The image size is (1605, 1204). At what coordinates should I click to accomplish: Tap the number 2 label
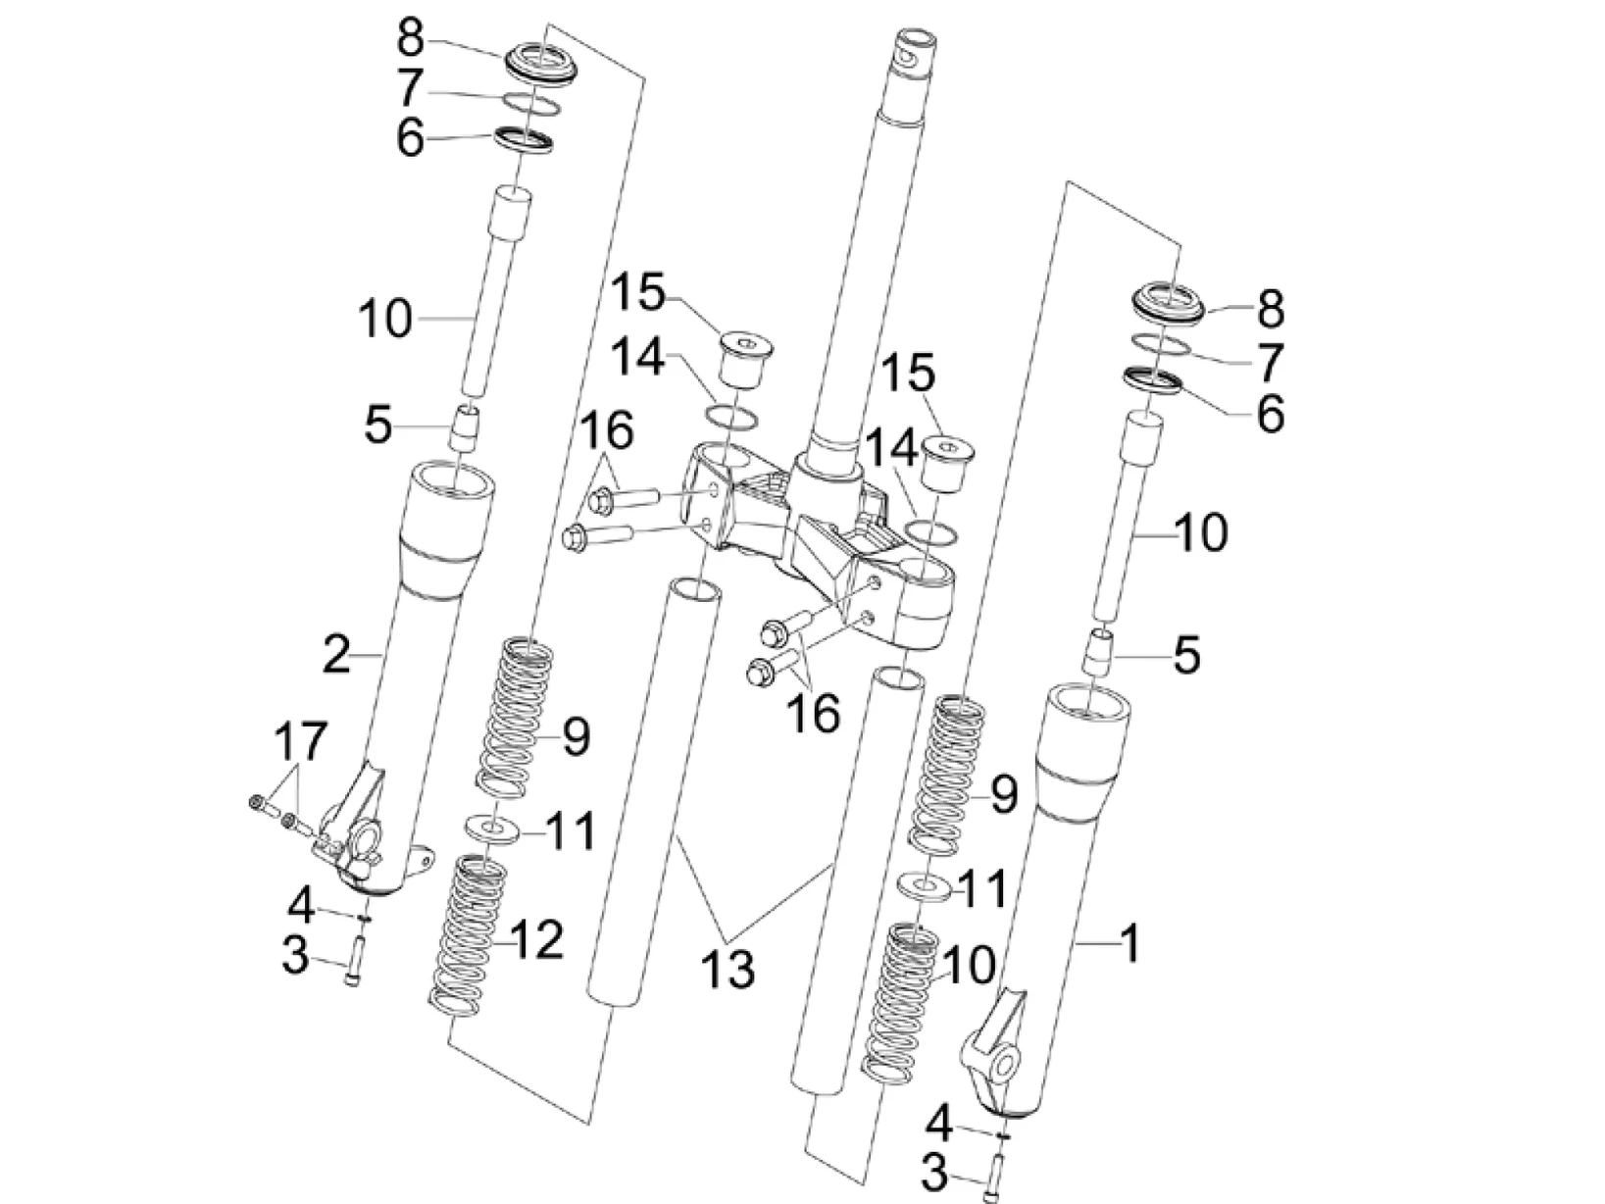click(336, 653)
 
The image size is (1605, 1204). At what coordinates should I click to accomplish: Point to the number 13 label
click(727, 970)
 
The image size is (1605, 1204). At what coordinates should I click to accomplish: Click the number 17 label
click(299, 742)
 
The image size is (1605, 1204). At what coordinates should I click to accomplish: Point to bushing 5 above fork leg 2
click(468, 430)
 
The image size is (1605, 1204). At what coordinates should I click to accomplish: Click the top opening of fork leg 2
click(452, 480)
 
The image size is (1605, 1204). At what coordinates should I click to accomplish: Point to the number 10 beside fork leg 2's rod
click(384, 320)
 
